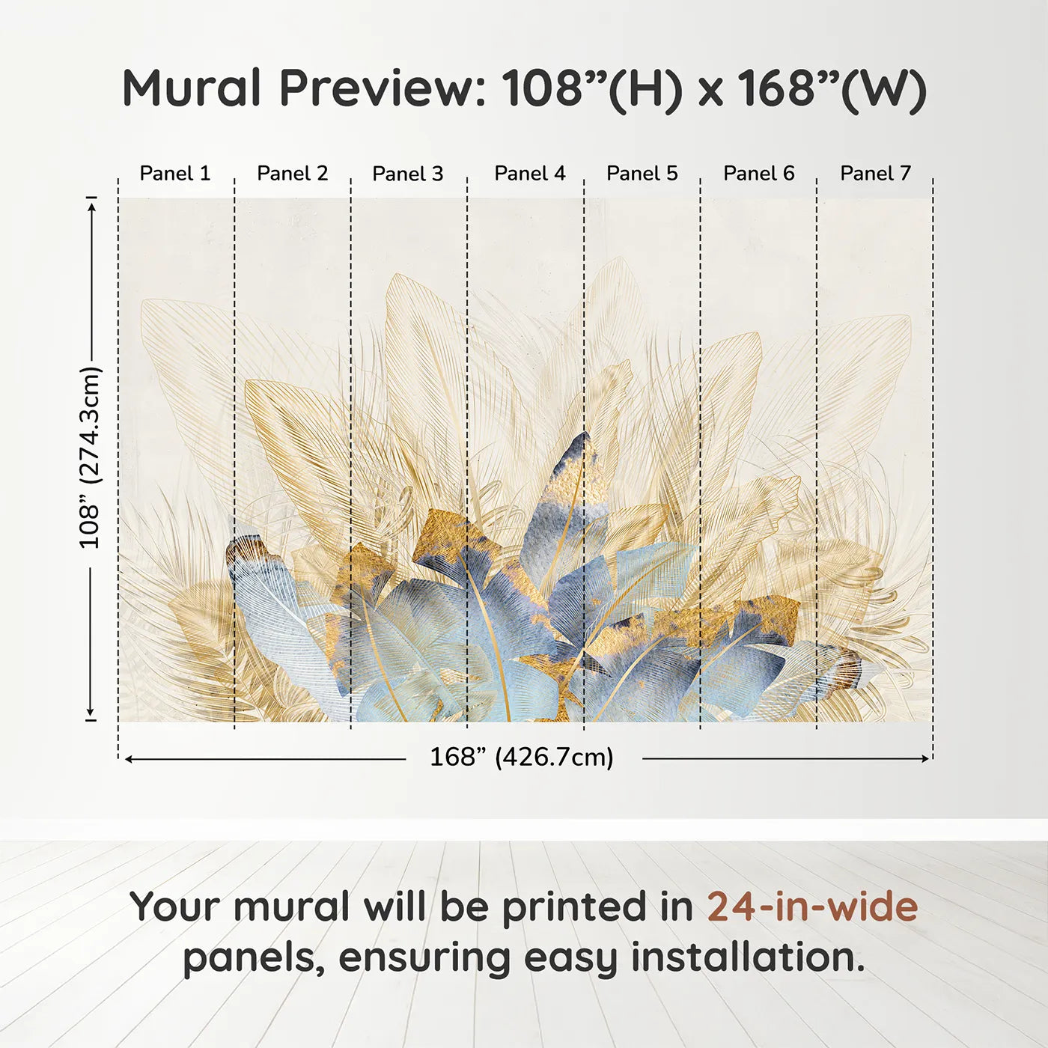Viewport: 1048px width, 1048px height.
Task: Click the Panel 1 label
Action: click(175, 174)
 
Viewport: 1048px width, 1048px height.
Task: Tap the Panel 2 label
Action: click(293, 174)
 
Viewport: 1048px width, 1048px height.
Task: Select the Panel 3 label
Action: click(408, 174)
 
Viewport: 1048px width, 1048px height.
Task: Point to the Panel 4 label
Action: click(530, 174)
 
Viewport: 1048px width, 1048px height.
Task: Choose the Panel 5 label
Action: click(642, 174)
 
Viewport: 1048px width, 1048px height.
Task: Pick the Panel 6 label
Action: click(759, 174)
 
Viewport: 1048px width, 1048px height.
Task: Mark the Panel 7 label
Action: click(875, 174)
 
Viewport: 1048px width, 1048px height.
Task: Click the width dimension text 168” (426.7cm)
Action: click(522, 758)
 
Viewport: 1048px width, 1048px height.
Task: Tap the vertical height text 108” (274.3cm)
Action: click(90, 457)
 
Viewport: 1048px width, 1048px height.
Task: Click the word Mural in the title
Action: click(192, 88)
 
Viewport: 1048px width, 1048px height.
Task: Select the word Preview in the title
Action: click(383, 88)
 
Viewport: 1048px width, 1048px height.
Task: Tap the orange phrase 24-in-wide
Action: click(812, 907)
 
